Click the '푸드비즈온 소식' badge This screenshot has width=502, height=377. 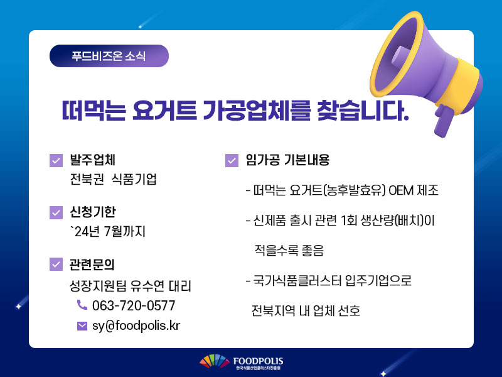point(109,56)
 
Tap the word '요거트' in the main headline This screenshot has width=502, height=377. point(164,111)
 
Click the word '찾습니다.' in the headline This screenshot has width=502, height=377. point(363,111)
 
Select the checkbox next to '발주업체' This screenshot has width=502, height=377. point(56,161)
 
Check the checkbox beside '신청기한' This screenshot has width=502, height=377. point(56,212)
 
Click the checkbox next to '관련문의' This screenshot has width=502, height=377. point(56,264)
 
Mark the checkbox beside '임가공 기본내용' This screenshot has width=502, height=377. point(232,161)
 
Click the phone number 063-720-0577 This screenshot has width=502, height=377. point(134,305)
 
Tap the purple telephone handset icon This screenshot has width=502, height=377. point(82,305)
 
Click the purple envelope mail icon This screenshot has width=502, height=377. point(82,326)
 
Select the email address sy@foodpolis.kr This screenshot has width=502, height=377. point(136,325)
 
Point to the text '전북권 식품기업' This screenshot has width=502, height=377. point(114,179)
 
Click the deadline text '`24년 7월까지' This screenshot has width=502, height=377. point(108,231)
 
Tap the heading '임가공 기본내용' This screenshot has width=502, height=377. point(287,160)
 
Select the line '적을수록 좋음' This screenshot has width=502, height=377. point(289,250)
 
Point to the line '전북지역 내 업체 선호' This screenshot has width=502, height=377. point(306,310)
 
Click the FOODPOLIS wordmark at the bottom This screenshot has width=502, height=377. point(258,361)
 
